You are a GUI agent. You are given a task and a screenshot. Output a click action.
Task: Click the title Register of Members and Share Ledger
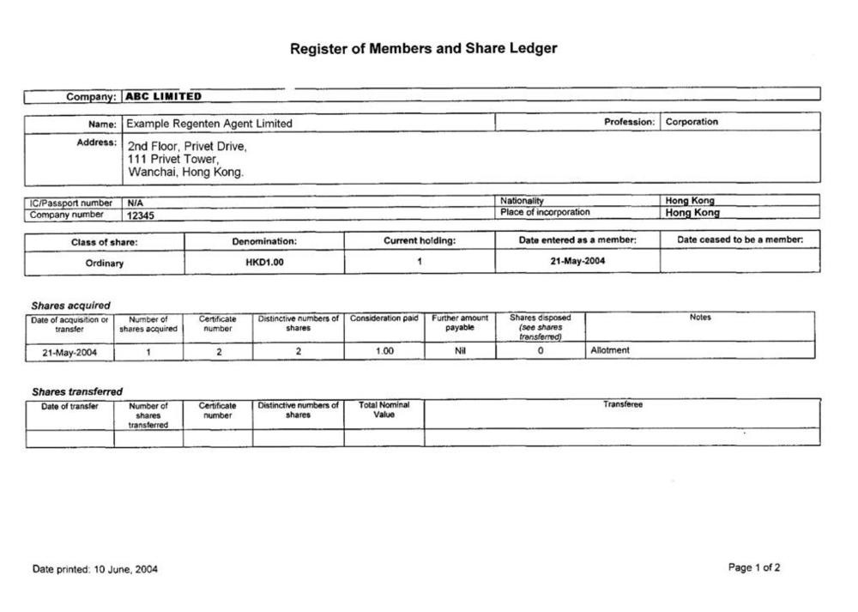click(423, 49)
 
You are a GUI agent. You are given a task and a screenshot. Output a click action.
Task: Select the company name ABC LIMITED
click(164, 96)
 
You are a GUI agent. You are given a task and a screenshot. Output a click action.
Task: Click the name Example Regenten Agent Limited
click(209, 124)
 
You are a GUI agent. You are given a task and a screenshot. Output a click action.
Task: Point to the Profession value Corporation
click(692, 122)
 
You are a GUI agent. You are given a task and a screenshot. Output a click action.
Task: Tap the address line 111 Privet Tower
click(173, 160)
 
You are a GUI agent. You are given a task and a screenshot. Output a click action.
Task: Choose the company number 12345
click(142, 215)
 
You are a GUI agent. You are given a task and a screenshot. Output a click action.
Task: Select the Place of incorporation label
click(545, 212)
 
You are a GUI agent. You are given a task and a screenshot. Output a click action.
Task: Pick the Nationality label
click(522, 201)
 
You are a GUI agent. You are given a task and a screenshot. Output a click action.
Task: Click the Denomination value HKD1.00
click(264, 263)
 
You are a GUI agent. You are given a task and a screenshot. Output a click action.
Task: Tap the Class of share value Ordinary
click(105, 264)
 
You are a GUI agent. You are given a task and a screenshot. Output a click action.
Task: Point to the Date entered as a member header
click(577, 240)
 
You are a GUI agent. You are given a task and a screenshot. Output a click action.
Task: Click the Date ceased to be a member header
click(740, 240)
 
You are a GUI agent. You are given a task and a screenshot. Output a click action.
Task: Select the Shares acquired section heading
click(70, 306)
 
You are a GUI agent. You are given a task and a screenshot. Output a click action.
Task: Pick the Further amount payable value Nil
click(460, 350)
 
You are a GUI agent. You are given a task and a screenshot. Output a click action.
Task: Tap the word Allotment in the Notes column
click(610, 350)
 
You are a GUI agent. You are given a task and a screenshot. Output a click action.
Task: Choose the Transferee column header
click(622, 404)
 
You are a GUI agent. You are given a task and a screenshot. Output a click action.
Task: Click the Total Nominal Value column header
click(384, 409)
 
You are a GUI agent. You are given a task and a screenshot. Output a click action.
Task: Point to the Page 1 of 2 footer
click(754, 567)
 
